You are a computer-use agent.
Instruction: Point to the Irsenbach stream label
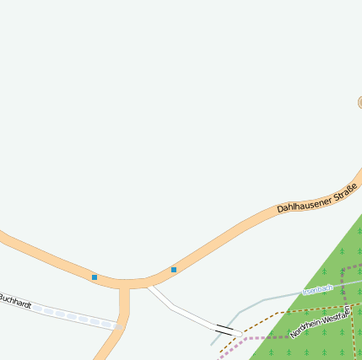pyautogui.click(x=317, y=289)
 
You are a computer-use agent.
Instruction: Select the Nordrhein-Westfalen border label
pyautogui.click(x=319, y=321)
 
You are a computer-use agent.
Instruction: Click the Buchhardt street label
pyautogui.click(x=14, y=300)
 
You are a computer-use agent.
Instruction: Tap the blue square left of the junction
pyautogui.click(x=95, y=277)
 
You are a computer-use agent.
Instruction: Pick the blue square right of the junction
pyautogui.click(x=174, y=270)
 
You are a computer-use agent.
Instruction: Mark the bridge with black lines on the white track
pyautogui.click(x=225, y=327)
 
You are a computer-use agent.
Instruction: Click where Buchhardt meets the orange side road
pyautogui.click(x=121, y=324)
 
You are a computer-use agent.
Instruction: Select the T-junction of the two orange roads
pyautogui.click(x=125, y=285)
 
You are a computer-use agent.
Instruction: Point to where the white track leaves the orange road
pyautogui.click(x=149, y=287)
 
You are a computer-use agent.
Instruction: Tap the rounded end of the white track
pyautogui.click(x=240, y=334)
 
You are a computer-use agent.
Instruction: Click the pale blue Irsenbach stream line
pyautogui.click(x=270, y=299)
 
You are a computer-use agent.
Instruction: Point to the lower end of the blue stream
pyautogui.click(x=212, y=344)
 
